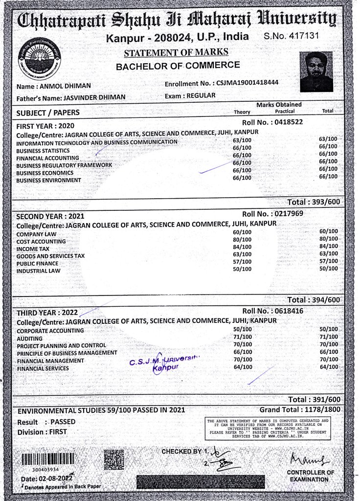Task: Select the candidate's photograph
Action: coord(316,71)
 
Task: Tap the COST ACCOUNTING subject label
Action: coord(41,242)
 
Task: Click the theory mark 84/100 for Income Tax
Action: coord(242,247)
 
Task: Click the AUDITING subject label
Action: coord(29,339)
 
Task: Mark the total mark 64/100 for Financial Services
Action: coord(328,367)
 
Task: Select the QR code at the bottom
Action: coord(113,460)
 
